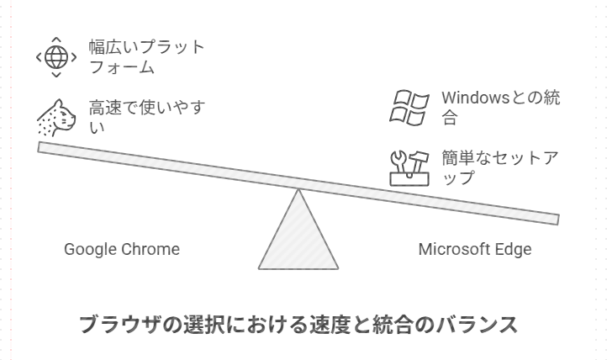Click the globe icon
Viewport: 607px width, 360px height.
(x=55, y=57)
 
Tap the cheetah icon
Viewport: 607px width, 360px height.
(x=55, y=118)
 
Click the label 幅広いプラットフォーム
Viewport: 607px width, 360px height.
(x=146, y=56)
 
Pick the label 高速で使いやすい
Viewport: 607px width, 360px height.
(x=146, y=117)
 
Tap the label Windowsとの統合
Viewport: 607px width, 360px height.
(x=500, y=108)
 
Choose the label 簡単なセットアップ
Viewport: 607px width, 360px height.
(x=500, y=167)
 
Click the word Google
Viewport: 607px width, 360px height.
(x=89, y=250)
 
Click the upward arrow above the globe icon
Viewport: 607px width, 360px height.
(x=55, y=39)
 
